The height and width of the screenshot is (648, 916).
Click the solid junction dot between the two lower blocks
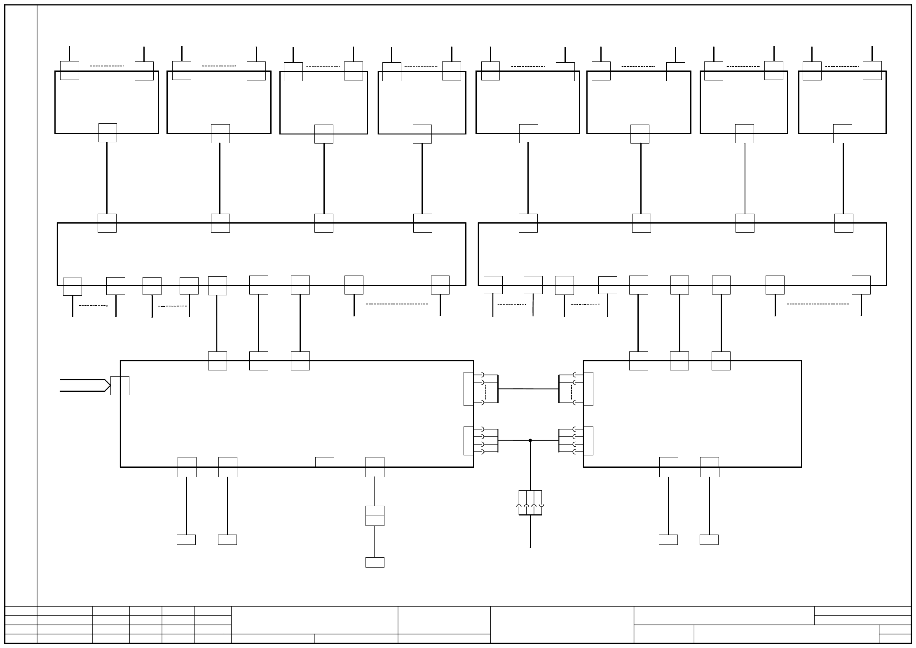[530, 441]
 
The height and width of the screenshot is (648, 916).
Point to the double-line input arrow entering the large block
[84, 385]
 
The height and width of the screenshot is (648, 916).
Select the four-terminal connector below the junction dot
[530, 503]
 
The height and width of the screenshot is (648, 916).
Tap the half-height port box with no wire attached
[325, 462]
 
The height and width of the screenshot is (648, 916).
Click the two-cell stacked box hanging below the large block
[375, 516]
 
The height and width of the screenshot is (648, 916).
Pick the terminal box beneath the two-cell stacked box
[375, 562]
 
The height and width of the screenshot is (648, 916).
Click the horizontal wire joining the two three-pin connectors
[528, 389]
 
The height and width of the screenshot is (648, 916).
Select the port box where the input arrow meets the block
[120, 386]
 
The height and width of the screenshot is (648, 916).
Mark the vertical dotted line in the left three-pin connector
[486, 392]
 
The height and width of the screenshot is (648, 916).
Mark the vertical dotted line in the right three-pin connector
[572, 392]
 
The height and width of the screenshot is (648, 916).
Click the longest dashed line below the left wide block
[397, 304]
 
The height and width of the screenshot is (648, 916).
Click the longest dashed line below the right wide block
[818, 304]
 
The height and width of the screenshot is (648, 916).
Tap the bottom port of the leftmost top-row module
[108, 133]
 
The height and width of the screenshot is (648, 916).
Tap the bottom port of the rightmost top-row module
[843, 134]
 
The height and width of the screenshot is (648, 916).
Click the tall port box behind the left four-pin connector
[469, 441]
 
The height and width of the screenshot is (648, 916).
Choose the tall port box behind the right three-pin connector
[588, 389]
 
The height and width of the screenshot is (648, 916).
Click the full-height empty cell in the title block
[562, 624]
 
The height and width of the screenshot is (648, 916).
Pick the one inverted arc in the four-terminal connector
[541, 505]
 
